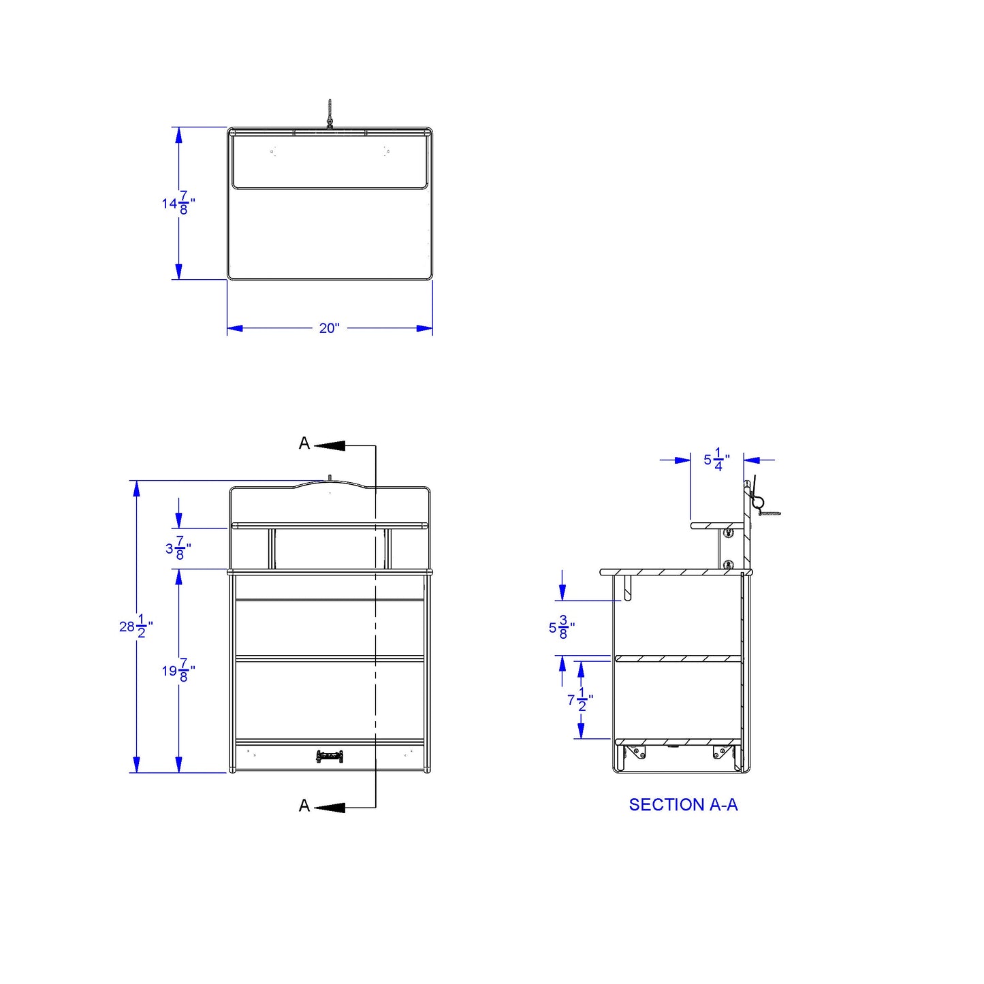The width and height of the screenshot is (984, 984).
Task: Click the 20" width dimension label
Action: tap(329, 328)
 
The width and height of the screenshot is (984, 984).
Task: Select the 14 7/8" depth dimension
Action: tap(178, 203)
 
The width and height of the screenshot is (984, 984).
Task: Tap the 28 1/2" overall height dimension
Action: tap(136, 626)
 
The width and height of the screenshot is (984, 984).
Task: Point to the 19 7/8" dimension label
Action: tap(178, 671)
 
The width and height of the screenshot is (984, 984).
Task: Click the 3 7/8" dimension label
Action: tap(178, 548)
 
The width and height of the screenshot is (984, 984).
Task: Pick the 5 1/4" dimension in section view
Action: tap(716, 460)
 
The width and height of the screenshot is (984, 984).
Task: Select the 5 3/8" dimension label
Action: tap(562, 628)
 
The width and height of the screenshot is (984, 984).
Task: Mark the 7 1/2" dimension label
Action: tap(580, 699)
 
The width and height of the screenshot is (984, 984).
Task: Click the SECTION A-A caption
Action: tap(683, 805)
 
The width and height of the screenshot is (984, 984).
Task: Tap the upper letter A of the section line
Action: tap(304, 444)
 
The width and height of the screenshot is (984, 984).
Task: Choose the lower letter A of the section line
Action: tap(304, 806)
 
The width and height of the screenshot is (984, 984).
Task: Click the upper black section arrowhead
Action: tap(330, 445)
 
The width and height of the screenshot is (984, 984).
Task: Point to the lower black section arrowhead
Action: tap(330, 808)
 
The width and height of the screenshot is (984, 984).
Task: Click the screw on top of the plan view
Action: tap(330, 114)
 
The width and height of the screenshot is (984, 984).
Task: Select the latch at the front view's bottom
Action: tap(330, 757)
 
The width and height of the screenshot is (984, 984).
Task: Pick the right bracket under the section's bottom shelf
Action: tap(723, 752)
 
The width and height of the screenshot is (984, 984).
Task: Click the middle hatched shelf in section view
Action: tap(678, 658)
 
